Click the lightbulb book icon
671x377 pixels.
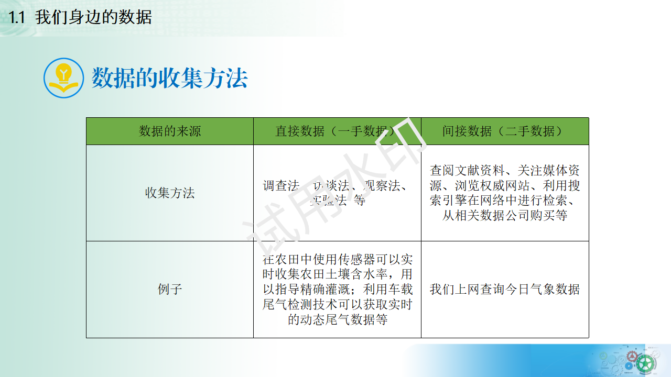[63, 78]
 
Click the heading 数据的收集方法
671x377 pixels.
[169, 79]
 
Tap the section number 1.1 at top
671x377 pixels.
[17, 17]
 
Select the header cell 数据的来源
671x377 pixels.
[170, 131]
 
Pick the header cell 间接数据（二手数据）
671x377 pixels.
[504, 131]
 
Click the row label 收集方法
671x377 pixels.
[170, 193]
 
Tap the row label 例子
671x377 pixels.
[170, 289]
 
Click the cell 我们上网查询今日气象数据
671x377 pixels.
[504, 289]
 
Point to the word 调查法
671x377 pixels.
[282, 186]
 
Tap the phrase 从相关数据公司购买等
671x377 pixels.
[504, 215]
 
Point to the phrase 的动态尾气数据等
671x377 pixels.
[338, 319]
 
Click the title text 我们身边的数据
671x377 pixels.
[93, 17]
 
